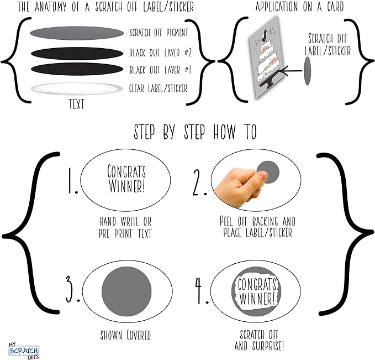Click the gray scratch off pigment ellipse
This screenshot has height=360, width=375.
coord(77,33)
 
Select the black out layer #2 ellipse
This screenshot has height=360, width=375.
coord(77,54)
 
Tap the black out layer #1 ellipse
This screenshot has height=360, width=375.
coord(77,69)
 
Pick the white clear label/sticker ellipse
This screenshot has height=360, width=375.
coord(77,88)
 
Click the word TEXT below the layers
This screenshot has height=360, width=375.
coord(77,104)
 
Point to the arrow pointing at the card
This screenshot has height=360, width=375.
coord(292,71)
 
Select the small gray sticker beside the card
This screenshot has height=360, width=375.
coord(307,71)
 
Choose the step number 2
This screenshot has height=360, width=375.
coord(199,182)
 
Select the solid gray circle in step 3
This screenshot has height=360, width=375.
coord(126,291)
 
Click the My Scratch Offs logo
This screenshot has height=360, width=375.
coord(23,351)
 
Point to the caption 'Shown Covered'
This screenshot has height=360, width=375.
coord(125,335)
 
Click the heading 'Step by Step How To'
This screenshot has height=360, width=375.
coord(195,132)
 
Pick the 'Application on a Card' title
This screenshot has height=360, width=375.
coord(299,7)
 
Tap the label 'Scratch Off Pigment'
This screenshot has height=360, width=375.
coord(159,33)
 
